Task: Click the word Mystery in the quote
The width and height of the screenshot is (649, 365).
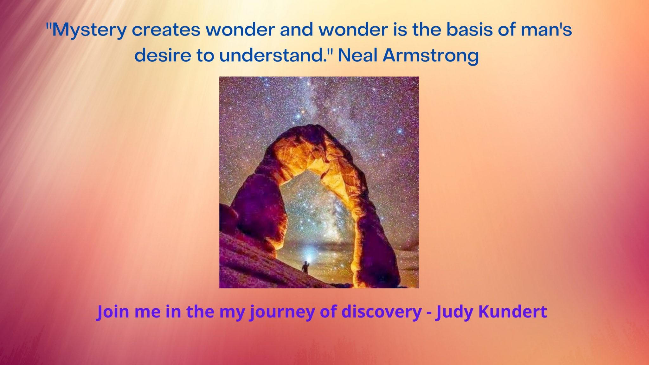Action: [x=89, y=30]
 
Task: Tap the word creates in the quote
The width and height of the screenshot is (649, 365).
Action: [x=166, y=30]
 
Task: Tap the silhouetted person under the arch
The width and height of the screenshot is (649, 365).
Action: [x=305, y=267]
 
